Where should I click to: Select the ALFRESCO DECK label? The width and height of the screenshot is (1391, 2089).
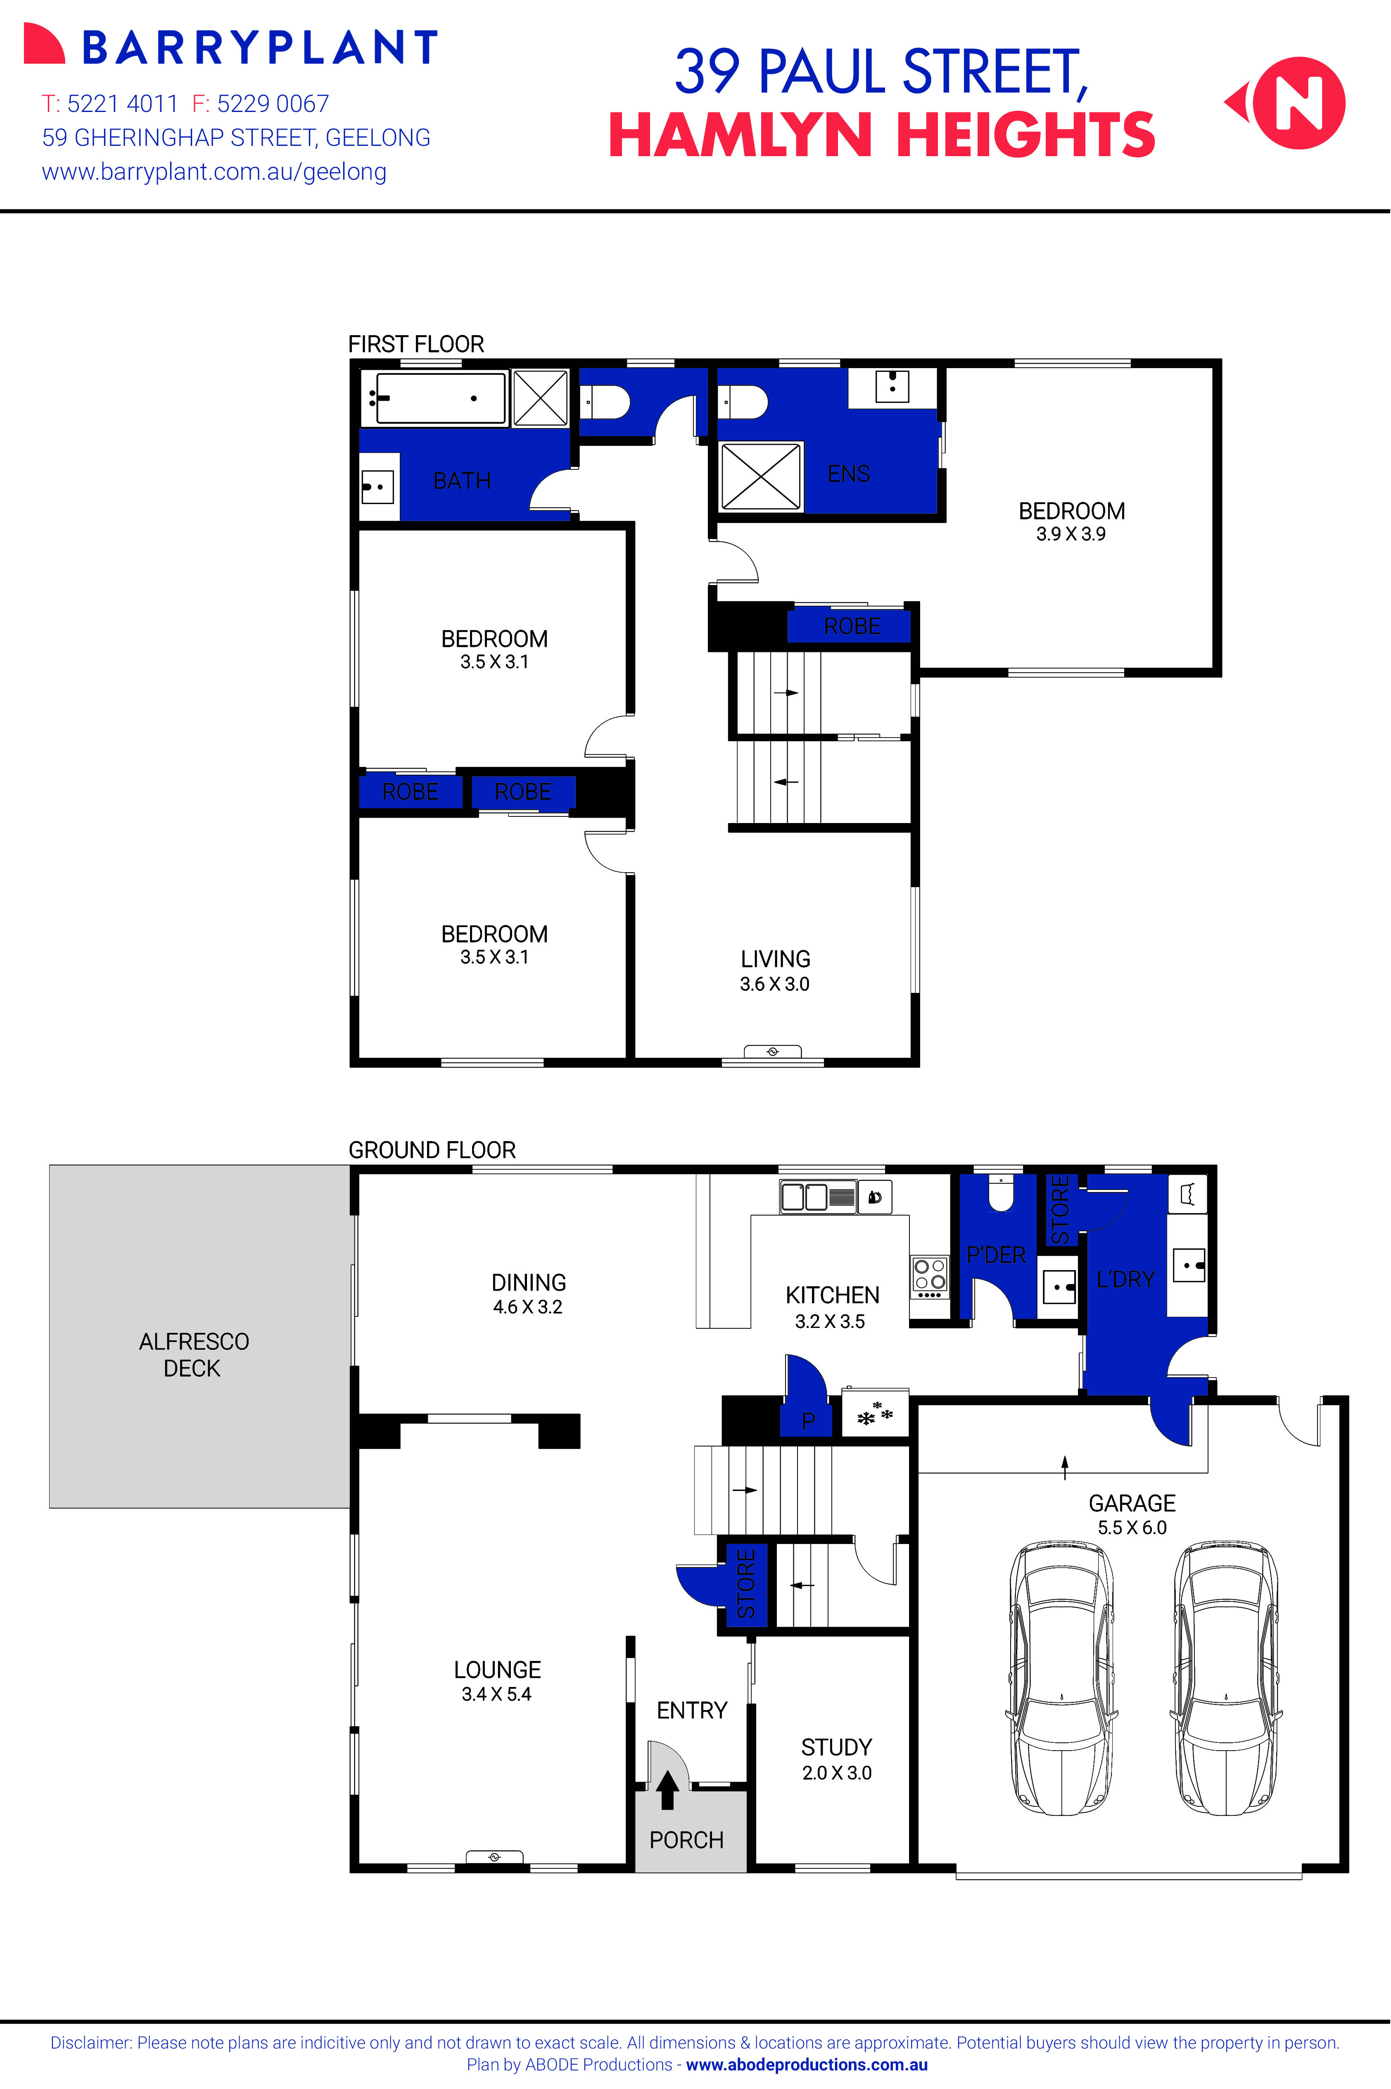[193, 1354]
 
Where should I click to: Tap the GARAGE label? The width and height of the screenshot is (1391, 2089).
[1132, 1503]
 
